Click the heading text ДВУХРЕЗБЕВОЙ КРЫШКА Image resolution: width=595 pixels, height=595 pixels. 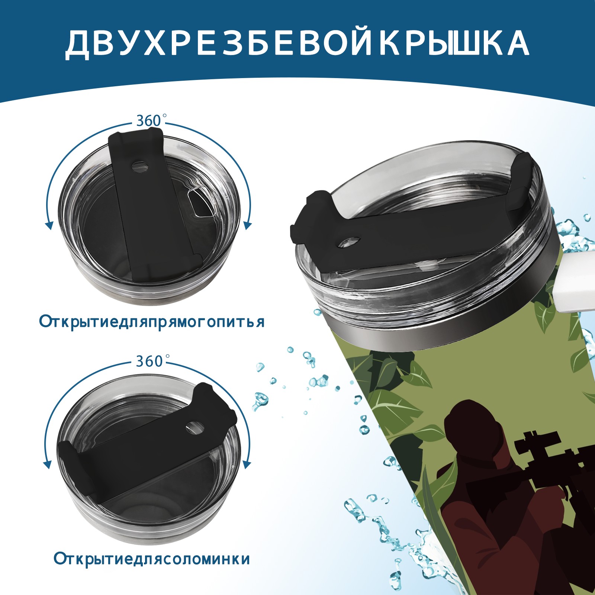click(x=297, y=44)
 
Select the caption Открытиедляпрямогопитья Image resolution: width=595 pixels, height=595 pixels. click(x=152, y=322)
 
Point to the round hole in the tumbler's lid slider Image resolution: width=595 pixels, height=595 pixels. click(x=350, y=242)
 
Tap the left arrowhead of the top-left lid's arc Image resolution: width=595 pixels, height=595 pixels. click(x=48, y=225)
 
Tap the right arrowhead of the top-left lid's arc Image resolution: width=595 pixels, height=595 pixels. click(x=248, y=225)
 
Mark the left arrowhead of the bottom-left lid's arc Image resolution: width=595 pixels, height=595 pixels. click(x=47, y=464)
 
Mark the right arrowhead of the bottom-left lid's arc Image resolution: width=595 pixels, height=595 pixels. click(x=247, y=464)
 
